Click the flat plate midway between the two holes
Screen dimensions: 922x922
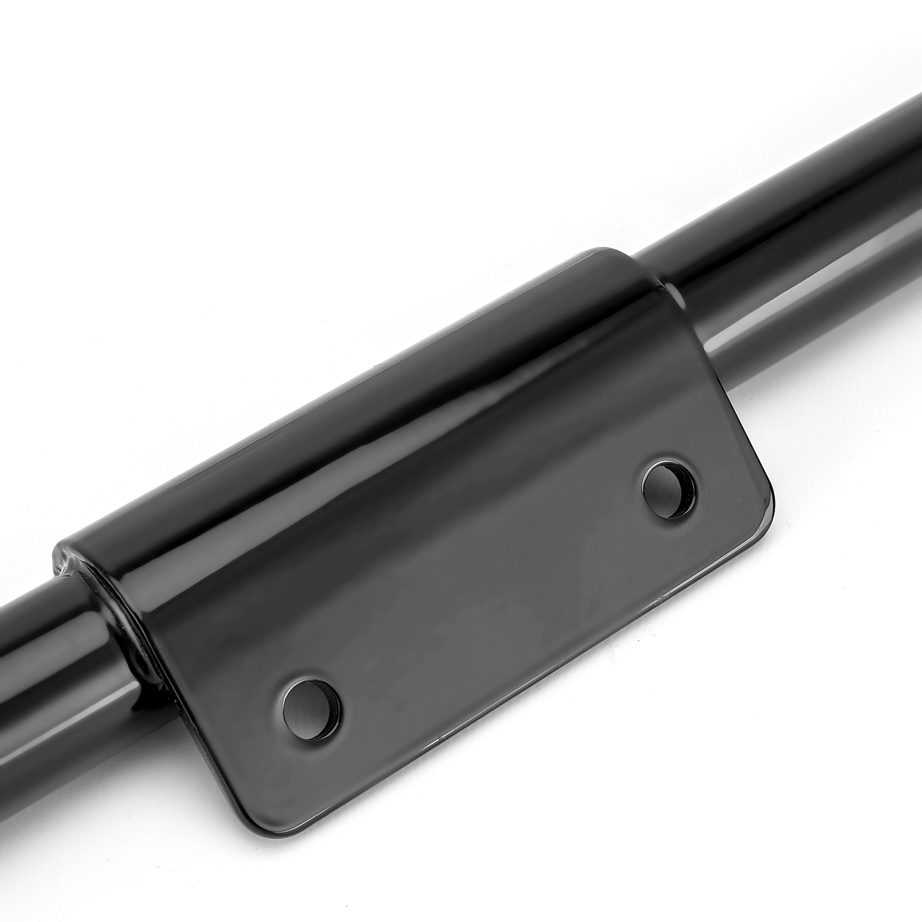point(490,594)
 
